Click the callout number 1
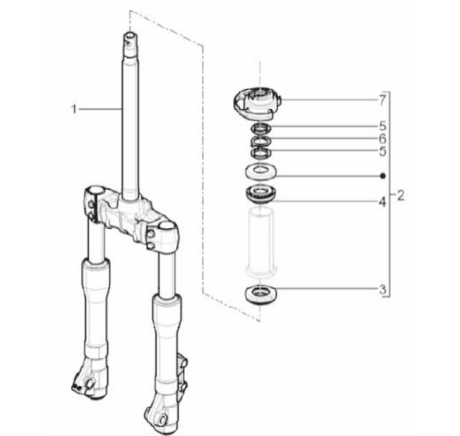74,109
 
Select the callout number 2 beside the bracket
401,195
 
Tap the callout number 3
383,290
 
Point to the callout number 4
382,202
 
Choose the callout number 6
383,139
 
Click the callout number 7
383,101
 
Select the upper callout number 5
383,126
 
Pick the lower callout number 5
383,151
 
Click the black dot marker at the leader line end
383,176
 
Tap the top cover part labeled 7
257,103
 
